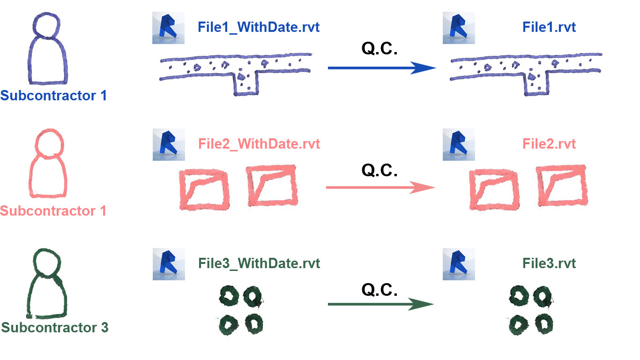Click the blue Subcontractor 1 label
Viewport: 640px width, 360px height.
point(53,96)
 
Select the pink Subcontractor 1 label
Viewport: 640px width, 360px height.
point(53,211)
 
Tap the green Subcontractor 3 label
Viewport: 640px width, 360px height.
point(55,327)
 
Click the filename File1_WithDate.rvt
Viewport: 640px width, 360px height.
point(259,27)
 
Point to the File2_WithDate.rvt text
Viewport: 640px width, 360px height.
point(259,143)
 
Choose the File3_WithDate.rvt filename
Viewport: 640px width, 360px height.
point(259,263)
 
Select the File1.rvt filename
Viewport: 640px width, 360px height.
point(549,27)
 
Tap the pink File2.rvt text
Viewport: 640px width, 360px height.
point(549,143)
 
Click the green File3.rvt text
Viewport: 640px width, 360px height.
point(549,263)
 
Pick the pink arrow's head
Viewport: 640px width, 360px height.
point(425,188)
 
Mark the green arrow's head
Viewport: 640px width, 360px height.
point(424,305)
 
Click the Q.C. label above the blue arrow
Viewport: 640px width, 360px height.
point(380,49)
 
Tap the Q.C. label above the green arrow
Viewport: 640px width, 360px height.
point(380,290)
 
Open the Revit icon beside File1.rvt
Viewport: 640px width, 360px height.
point(459,28)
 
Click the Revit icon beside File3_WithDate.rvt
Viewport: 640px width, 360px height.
point(169,264)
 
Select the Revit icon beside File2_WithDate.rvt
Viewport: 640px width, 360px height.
point(169,145)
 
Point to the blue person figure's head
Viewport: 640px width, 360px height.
point(46,26)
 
